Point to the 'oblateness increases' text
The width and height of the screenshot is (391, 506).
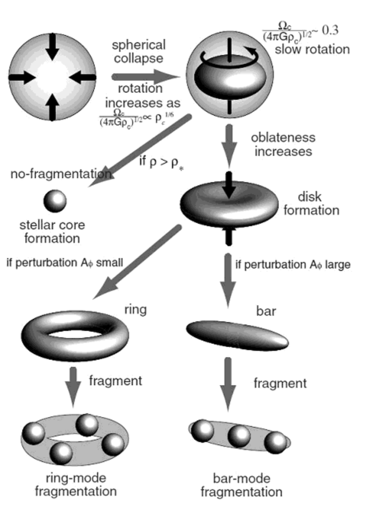click(283, 146)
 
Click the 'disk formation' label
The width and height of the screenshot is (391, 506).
click(318, 204)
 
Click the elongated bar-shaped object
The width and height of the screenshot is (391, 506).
click(236, 335)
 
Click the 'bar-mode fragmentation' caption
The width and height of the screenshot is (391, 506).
click(241, 485)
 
